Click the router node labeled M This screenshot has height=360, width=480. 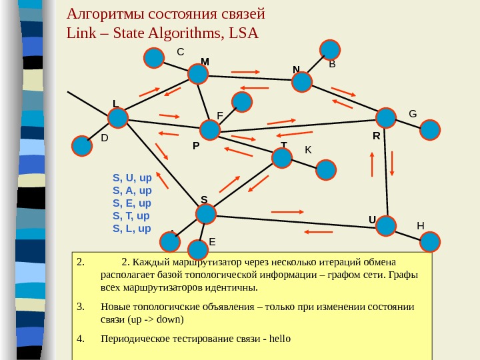(x=198, y=73)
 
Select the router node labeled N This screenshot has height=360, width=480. (x=302, y=81)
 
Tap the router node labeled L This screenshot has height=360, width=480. (x=118, y=119)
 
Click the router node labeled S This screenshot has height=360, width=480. (x=206, y=214)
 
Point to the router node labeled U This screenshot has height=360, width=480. (x=385, y=226)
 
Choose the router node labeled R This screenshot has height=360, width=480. (x=385, y=118)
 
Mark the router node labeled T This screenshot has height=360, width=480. (x=282, y=158)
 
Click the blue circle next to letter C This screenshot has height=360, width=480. (x=154, y=58)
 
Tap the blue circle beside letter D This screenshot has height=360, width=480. (x=82, y=145)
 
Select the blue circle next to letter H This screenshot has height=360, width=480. (x=430, y=241)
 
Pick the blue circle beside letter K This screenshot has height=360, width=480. (x=326, y=169)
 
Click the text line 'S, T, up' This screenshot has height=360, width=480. (x=131, y=216)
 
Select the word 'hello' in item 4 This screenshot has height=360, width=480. (x=279, y=338)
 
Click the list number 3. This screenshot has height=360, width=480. (x=80, y=307)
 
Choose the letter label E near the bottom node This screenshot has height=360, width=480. (x=213, y=241)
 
